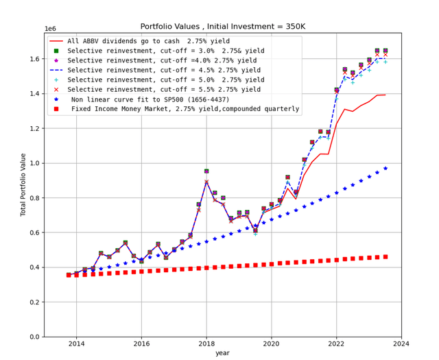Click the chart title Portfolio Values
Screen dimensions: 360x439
tap(222, 26)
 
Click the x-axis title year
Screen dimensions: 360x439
tap(222, 353)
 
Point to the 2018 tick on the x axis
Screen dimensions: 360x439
tap(206, 342)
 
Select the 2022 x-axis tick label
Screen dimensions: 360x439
tap(336, 342)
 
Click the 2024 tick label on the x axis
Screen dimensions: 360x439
tap(401, 342)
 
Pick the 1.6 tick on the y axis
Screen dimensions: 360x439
tap(32, 59)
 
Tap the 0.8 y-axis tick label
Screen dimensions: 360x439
tap(32, 198)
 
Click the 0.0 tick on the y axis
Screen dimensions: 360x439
tap(32, 337)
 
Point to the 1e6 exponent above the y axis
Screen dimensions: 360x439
tap(50, 29)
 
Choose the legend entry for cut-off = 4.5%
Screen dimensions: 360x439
tap(165, 69)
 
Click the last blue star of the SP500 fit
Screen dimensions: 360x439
tap(385, 168)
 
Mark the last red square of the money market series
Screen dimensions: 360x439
tap(385, 256)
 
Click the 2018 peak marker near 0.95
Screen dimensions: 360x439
tap(206, 171)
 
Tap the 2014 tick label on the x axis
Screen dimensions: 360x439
tap(76, 342)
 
